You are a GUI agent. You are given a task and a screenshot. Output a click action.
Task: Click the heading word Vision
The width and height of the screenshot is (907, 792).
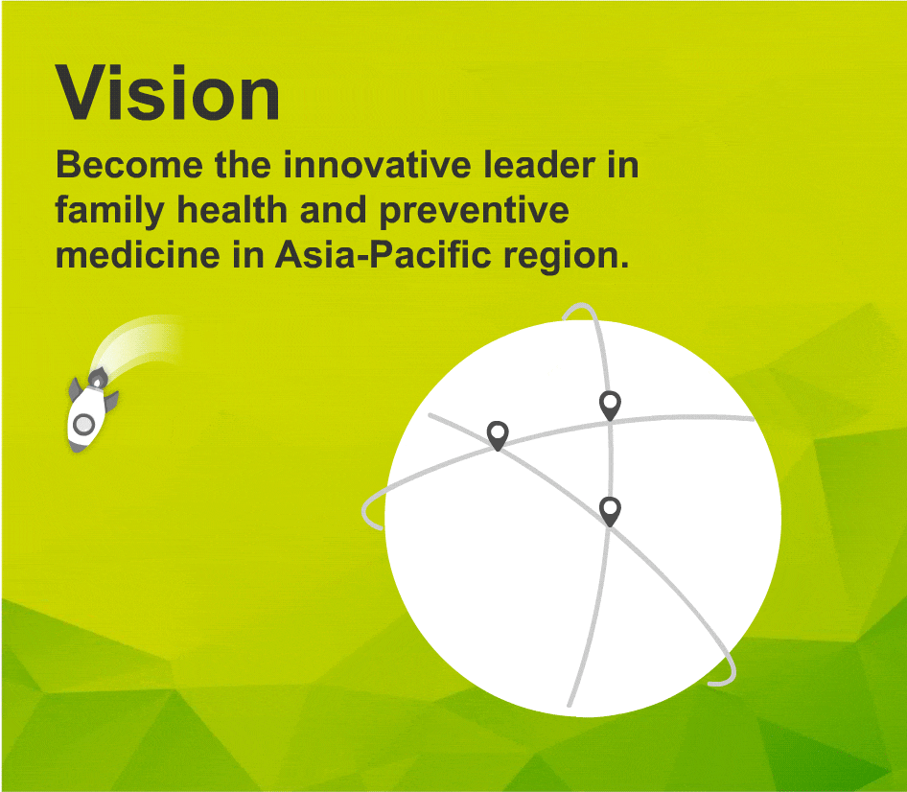point(168,93)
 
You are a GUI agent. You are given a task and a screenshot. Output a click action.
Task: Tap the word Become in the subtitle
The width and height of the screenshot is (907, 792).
point(129,165)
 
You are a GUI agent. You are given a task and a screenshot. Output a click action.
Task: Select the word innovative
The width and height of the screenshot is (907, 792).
point(377,165)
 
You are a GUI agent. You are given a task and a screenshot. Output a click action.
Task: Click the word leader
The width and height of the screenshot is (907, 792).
point(540,165)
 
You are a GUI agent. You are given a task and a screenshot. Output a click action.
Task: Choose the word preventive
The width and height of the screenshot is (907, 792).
point(475,211)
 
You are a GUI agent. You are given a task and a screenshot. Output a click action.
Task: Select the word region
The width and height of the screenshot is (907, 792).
point(567,257)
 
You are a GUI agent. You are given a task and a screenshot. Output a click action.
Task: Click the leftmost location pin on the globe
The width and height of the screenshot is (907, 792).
point(498,436)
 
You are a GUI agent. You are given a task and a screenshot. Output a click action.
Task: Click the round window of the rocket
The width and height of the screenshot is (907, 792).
point(83,424)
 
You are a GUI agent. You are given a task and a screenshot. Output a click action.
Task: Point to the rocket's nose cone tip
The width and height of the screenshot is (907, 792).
point(75,450)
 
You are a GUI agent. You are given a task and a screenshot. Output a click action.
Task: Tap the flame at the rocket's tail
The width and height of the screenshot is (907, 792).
point(98,379)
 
